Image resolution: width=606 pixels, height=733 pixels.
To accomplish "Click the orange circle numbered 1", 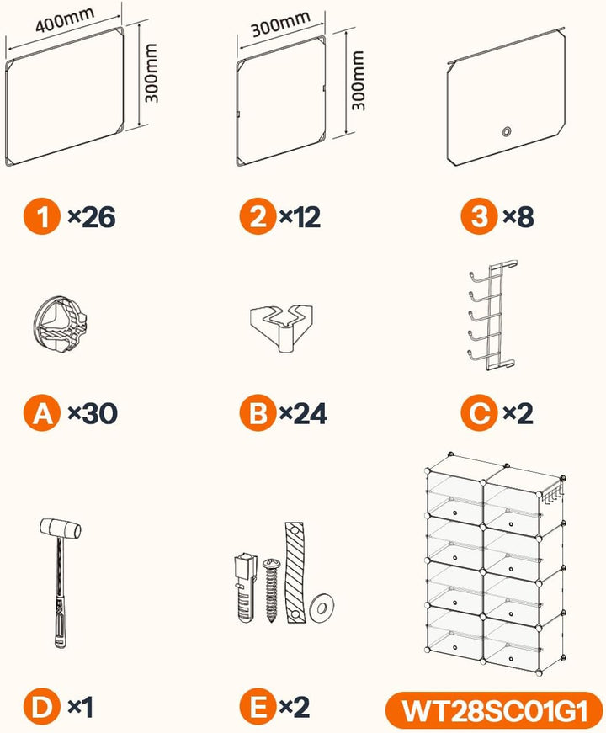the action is click(x=42, y=216).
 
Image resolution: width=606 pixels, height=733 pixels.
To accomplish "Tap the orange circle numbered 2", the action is click(x=258, y=216).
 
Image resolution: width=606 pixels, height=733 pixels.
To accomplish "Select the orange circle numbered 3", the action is click(x=479, y=216).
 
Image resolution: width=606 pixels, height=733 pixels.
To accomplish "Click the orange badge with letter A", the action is click(x=42, y=412).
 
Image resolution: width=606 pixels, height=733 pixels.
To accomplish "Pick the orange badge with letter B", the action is click(x=258, y=412).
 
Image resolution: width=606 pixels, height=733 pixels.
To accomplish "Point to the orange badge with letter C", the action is click(x=479, y=412).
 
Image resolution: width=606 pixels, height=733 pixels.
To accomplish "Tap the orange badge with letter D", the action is click(x=42, y=707).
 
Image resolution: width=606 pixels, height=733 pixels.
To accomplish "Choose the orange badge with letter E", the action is click(x=258, y=707).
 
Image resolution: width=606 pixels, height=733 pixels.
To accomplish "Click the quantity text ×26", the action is click(x=92, y=217).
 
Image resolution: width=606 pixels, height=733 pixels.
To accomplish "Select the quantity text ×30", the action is click(x=93, y=414).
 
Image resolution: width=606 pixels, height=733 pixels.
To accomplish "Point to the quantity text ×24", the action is click(x=303, y=414).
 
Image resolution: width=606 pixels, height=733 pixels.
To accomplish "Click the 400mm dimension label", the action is click(x=65, y=19).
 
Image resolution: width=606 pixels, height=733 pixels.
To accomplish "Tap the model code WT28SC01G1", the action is click(x=495, y=710).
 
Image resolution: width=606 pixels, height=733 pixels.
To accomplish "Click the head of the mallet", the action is click(x=61, y=528).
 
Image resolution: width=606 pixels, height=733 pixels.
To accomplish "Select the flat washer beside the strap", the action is click(x=322, y=608).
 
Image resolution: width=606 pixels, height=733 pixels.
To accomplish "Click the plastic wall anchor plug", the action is click(x=245, y=587).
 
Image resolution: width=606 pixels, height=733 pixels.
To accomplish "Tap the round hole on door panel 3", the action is click(x=507, y=131).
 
